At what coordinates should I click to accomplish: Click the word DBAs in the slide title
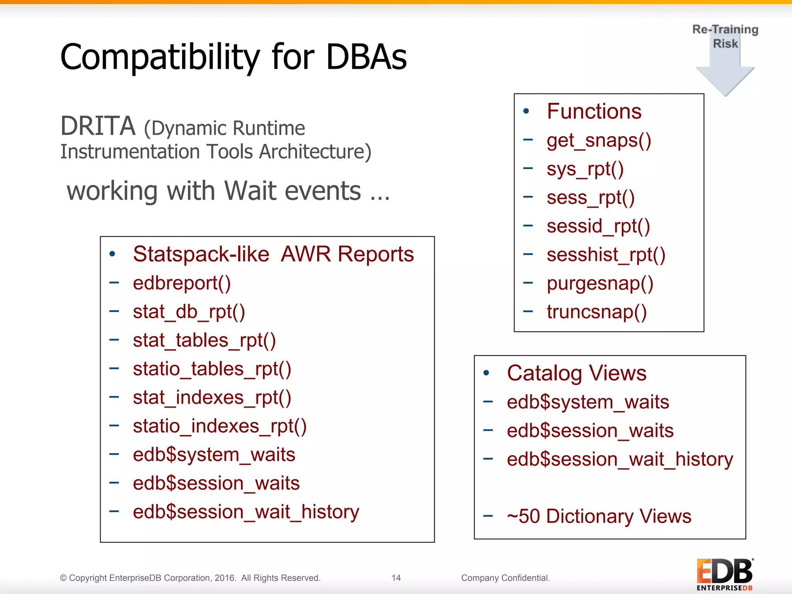pyautogui.click(x=366, y=57)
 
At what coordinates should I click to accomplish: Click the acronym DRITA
pyautogui.click(x=98, y=126)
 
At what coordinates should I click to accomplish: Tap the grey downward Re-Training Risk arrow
pyautogui.click(x=725, y=73)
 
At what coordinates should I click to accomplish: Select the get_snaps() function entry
pyautogui.click(x=599, y=140)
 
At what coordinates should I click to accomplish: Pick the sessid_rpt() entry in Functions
pyautogui.click(x=598, y=226)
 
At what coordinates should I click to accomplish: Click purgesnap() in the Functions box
pyautogui.click(x=600, y=283)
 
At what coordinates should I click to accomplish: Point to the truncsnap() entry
pyautogui.click(x=596, y=312)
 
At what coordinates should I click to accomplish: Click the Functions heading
pyautogui.click(x=594, y=112)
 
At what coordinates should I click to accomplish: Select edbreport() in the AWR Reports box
pyautogui.click(x=182, y=283)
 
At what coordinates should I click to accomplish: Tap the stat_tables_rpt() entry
pyautogui.click(x=204, y=341)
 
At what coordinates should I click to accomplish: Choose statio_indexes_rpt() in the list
pyautogui.click(x=220, y=427)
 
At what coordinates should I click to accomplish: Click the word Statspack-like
pyautogui.click(x=201, y=254)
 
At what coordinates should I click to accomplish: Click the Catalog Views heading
pyautogui.click(x=577, y=374)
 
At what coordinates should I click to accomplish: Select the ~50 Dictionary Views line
pyautogui.click(x=599, y=517)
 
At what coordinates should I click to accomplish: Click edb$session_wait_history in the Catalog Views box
pyautogui.click(x=620, y=460)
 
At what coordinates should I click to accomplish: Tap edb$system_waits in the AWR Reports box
pyautogui.click(x=214, y=455)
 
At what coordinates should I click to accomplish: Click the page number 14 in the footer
pyautogui.click(x=396, y=578)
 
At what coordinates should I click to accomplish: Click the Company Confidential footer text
pyautogui.click(x=505, y=578)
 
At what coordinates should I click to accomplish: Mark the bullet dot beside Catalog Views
pyautogui.click(x=486, y=373)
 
